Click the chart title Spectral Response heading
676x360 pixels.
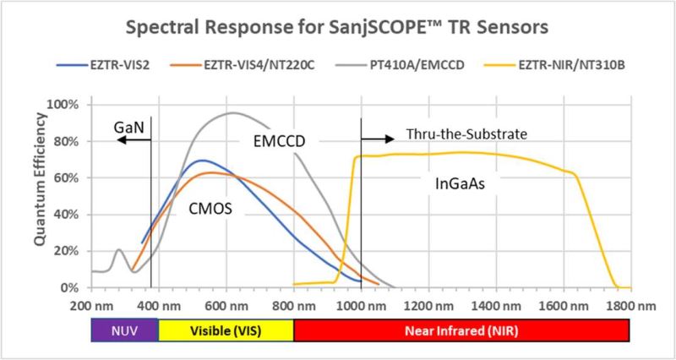pos(337,28)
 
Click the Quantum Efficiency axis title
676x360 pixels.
pos(40,180)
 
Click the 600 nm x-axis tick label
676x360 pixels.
pos(226,306)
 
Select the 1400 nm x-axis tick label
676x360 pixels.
pos(496,306)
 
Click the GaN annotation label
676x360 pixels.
pos(128,128)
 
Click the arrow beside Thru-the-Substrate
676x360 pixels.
pos(377,139)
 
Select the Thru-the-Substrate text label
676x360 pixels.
pos(467,134)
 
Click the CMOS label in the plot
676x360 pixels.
pos(210,209)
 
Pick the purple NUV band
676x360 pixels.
pos(124,330)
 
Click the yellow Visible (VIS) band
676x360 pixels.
pos(226,330)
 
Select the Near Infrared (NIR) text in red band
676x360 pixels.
pos(461,330)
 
